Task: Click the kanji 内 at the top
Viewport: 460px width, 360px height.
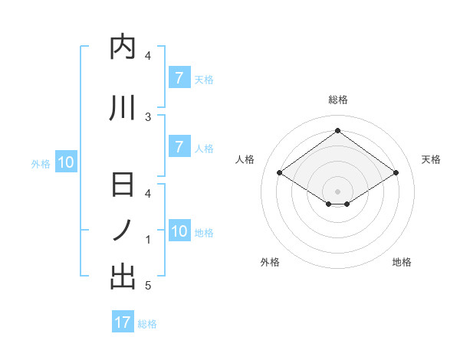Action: [123, 48]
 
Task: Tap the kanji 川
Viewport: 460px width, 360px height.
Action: [123, 109]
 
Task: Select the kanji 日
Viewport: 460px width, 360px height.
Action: [123, 186]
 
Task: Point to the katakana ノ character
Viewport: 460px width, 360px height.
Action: [123, 231]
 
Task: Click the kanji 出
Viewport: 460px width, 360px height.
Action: [123, 277]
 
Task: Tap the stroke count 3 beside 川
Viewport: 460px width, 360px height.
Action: [148, 116]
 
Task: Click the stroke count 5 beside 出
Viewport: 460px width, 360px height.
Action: [148, 286]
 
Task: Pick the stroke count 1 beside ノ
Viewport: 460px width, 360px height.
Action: [148, 240]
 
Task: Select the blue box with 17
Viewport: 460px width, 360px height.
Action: [123, 322]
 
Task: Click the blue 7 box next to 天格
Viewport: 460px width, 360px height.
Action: [179, 78]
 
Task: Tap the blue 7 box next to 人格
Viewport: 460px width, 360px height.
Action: [179, 147]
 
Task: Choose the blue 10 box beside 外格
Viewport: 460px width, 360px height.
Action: [65, 162]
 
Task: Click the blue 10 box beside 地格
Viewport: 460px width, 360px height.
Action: [179, 231]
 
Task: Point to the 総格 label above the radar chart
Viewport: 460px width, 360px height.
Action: [337, 100]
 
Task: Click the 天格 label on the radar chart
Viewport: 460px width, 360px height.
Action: [431, 159]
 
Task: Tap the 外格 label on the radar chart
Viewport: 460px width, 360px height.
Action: [270, 262]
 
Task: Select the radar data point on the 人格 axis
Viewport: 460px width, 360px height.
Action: [280, 173]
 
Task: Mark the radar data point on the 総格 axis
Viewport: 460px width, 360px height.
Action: [337, 131]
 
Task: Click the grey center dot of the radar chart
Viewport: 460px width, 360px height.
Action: [337, 190]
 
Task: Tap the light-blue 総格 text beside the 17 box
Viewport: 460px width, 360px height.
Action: [147, 324]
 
